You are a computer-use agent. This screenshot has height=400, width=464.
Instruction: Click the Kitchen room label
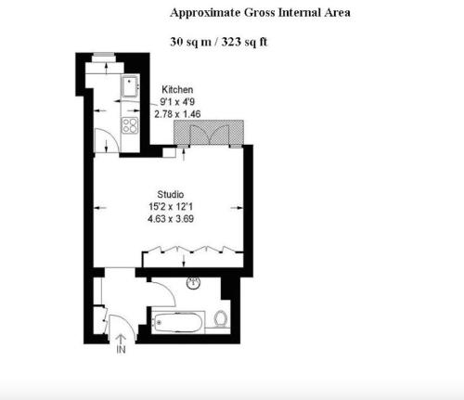point(177,90)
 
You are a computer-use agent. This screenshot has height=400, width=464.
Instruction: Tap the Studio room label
point(171,195)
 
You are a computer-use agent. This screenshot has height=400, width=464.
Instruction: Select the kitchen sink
point(130,86)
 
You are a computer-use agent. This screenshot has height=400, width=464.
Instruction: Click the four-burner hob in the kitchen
point(130,125)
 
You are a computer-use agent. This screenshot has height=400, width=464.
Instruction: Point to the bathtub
point(178,323)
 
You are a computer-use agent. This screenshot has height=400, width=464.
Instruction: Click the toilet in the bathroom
point(221,318)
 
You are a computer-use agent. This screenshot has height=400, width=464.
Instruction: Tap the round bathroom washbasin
point(193,282)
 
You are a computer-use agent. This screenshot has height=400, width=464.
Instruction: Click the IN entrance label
point(121,349)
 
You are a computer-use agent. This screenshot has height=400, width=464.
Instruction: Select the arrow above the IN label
point(121,339)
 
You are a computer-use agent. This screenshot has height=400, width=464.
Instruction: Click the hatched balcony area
point(209,133)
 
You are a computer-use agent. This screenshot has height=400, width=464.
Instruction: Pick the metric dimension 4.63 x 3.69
point(171,219)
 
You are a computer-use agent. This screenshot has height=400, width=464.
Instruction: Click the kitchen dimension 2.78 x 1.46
point(177,114)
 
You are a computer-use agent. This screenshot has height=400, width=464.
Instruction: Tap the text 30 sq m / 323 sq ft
point(218,42)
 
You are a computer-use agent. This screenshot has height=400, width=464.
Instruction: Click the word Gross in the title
point(259,13)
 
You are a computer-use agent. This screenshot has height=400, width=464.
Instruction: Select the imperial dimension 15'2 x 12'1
point(171,207)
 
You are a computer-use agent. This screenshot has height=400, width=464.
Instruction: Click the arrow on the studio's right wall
point(237,208)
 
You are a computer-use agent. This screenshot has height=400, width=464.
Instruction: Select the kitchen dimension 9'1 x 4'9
point(177,102)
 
